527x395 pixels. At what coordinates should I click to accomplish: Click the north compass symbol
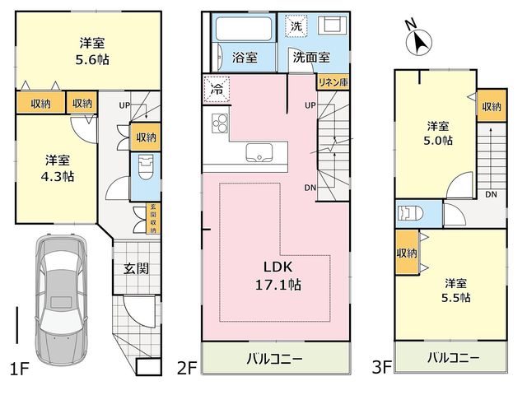(x=418, y=40)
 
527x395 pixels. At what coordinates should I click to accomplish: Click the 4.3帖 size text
(x=58, y=176)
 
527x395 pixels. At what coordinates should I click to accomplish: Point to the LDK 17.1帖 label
(x=278, y=276)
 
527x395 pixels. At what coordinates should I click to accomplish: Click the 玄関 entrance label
(x=136, y=268)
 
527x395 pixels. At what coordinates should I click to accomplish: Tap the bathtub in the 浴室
(x=244, y=29)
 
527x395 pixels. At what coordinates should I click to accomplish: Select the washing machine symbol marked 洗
(x=296, y=26)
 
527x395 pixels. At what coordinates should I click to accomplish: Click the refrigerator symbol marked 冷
(x=217, y=89)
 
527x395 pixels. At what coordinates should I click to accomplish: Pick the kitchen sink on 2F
(x=259, y=153)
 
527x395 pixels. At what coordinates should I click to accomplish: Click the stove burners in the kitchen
(x=220, y=123)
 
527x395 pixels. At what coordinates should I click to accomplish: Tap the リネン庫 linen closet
(x=333, y=82)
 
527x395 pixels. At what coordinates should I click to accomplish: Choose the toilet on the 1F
(x=145, y=167)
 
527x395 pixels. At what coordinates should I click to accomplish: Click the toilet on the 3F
(x=410, y=213)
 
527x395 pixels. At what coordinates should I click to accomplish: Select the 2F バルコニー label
(x=275, y=359)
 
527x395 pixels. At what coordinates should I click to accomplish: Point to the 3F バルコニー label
(x=454, y=358)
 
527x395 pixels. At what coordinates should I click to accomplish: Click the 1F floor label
(x=20, y=369)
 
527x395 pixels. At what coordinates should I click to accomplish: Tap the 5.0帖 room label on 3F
(x=438, y=133)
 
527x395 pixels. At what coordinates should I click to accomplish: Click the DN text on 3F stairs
(x=491, y=194)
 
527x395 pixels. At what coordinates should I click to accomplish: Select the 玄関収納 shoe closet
(x=153, y=218)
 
